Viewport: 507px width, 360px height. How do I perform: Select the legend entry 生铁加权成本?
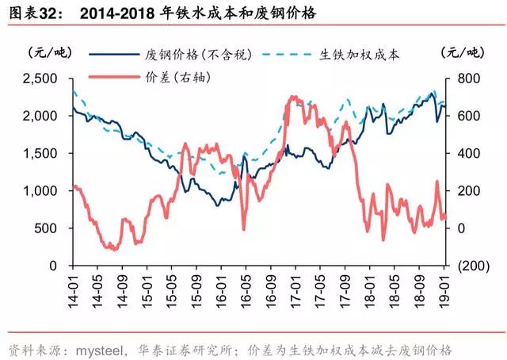[x=361, y=56]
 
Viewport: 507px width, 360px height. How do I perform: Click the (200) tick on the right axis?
[x=471, y=266]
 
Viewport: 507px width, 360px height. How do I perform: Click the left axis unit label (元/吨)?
[x=49, y=53]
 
